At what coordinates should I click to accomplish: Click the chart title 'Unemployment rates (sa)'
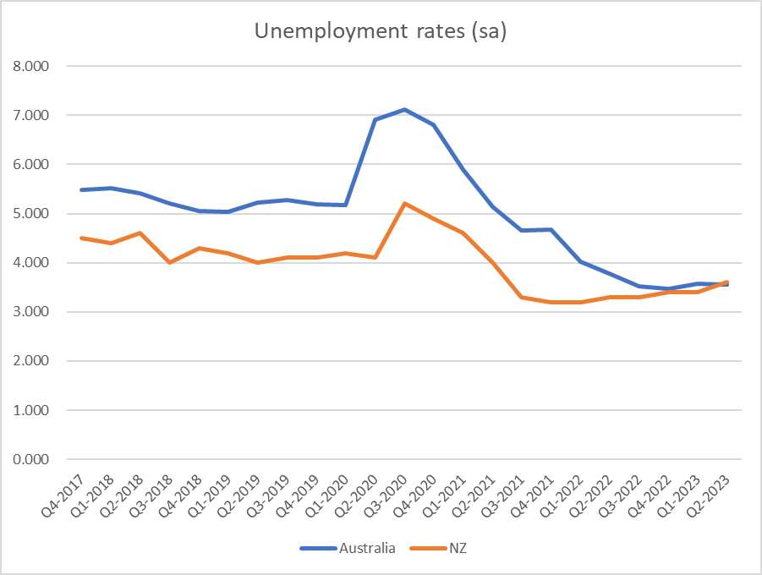click(381, 33)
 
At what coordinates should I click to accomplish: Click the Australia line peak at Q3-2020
click(404, 109)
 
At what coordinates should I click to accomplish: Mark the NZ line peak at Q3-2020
click(404, 204)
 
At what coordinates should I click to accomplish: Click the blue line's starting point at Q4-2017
click(81, 189)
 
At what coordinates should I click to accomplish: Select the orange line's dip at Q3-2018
click(169, 262)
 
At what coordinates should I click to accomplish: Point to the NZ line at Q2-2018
click(140, 233)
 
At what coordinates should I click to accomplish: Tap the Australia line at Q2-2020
click(375, 119)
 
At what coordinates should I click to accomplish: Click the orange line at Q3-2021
click(522, 297)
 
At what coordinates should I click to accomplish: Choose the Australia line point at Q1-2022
click(580, 261)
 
